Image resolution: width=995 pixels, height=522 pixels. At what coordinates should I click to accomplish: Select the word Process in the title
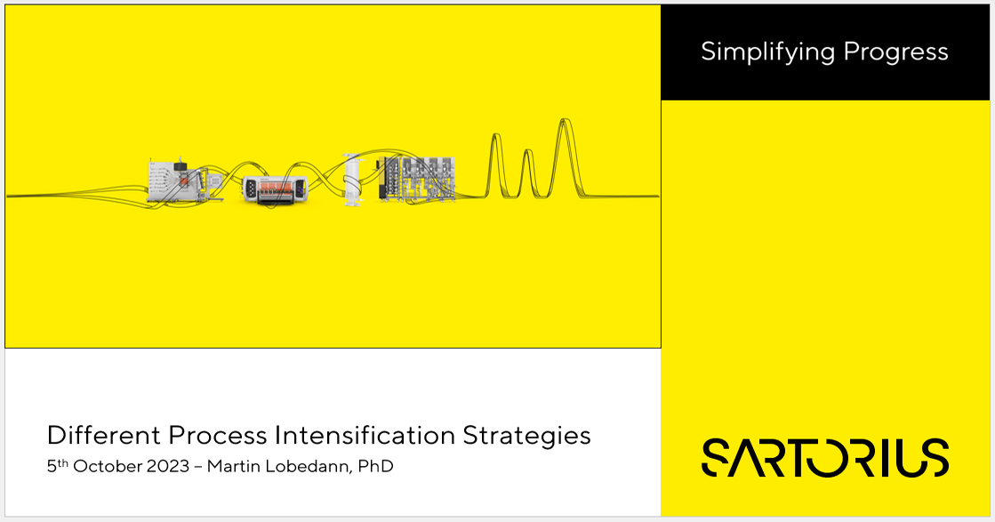point(218,436)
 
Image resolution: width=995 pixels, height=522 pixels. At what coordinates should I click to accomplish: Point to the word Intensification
point(365,436)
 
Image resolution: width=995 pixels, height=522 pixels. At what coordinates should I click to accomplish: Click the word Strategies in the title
point(527,436)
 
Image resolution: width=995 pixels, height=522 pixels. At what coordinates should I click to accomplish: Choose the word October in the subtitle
point(109,466)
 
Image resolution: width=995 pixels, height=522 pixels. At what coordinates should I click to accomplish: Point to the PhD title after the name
point(375,466)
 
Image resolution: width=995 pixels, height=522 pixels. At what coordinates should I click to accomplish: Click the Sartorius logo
point(825,457)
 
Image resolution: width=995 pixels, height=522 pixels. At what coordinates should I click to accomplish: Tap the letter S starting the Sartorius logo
point(718,457)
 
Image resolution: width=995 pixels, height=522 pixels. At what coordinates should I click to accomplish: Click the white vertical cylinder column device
point(353,180)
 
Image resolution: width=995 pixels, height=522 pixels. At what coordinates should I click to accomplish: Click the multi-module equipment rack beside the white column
point(416,178)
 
